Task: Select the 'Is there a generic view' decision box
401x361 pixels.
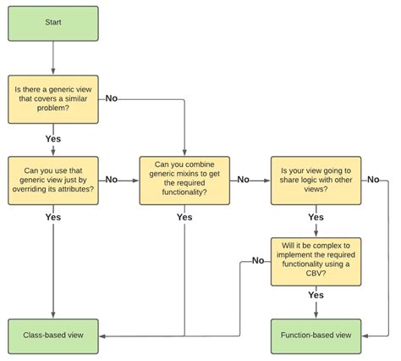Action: (53, 99)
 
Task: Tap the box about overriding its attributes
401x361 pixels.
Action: (53, 180)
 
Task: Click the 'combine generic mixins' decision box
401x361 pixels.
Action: (184, 180)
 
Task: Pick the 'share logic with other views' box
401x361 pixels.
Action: (316, 180)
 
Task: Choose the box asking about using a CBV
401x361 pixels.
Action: (316, 261)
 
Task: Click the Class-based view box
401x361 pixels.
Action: (53, 335)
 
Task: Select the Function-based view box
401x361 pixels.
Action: (316, 335)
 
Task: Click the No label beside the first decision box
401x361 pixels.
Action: (112, 99)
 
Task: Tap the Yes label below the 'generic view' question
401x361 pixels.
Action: (53, 137)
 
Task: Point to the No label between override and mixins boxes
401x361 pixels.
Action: (112, 180)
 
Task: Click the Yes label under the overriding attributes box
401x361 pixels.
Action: (53, 217)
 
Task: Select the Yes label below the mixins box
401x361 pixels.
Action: (184, 217)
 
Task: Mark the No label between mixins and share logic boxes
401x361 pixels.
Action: (244, 180)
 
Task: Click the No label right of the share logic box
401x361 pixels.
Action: (373, 180)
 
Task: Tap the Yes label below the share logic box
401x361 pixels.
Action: (316, 217)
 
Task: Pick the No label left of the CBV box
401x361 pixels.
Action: (257, 261)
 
